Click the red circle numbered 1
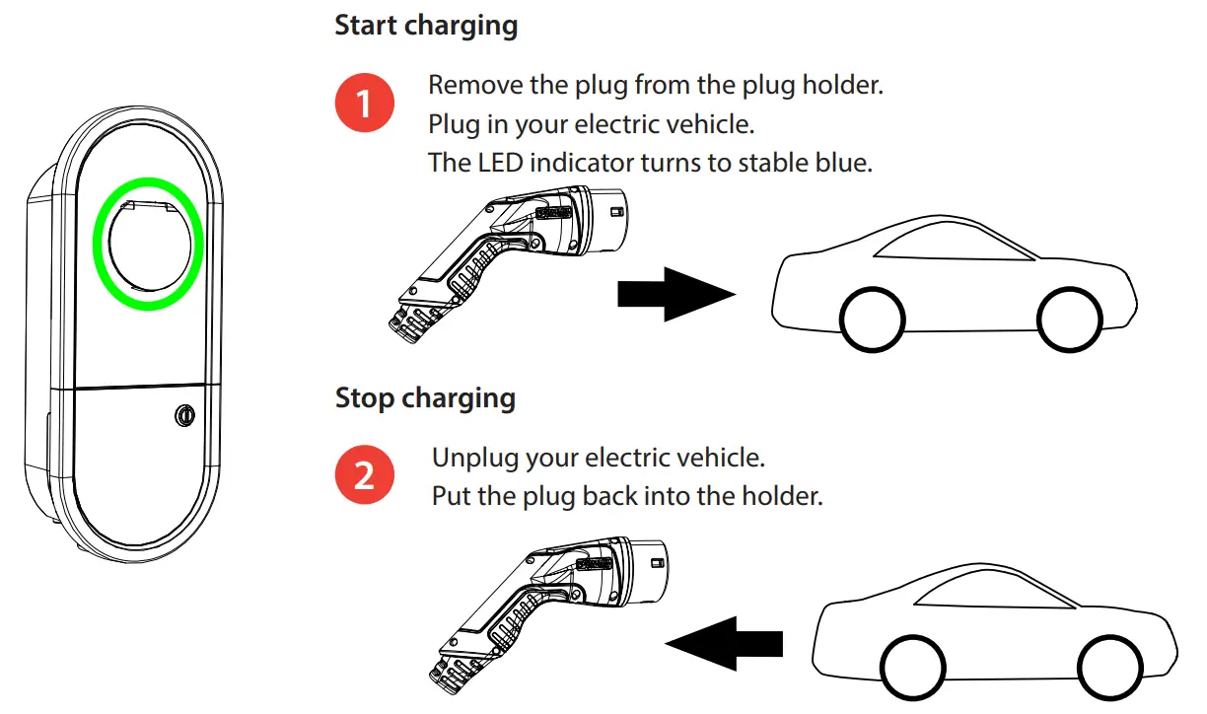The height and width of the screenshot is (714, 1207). pyautogui.click(x=365, y=102)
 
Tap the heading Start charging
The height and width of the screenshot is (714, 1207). pyautogui.click(x=426, y=25)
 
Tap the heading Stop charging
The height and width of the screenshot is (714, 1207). pyautogui.click(x=425, y=397)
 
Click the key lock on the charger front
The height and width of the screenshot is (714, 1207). pyautogui.click(x=183, y=416)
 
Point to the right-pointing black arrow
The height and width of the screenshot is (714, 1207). pyautogui.click(x=675, y=294)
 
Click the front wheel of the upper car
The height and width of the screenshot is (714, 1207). pyautogui.click(x=1070, y=320)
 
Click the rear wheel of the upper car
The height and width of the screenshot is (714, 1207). pyautogui.click(x=873, y=320)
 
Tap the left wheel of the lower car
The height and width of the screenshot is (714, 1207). pyautogui.click(x=912, y=668)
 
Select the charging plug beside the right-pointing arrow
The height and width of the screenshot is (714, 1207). pyautogui.click(x=503, y=256)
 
